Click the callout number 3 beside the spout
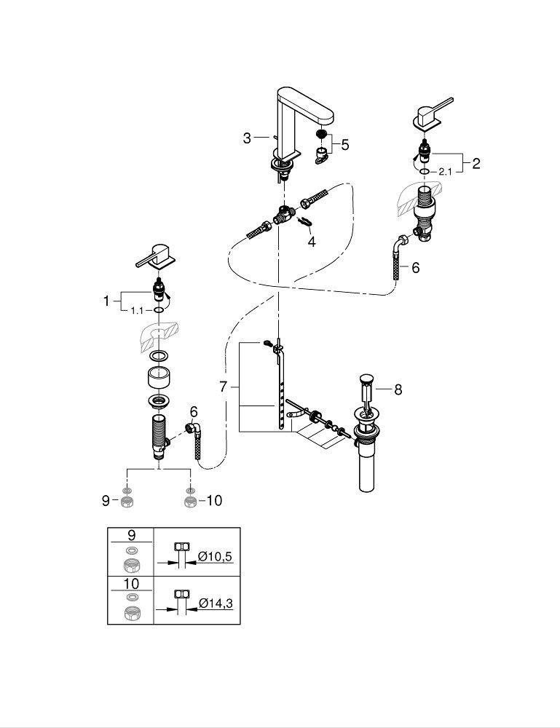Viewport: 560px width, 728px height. coord(247,137)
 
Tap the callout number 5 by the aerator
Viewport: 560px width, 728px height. coord(344,144)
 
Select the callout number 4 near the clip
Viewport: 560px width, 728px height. coord(312,241)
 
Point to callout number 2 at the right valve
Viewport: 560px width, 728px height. coord(476,163)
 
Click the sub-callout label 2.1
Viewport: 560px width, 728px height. coord(446,172)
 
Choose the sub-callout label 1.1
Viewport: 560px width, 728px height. coord(135,310)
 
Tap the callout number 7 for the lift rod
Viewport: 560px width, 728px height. coord(224,387)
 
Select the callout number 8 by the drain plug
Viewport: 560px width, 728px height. coord(398,389)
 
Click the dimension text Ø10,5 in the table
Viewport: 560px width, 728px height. coord(216,557)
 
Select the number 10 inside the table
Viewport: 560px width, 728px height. coord(130,582)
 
